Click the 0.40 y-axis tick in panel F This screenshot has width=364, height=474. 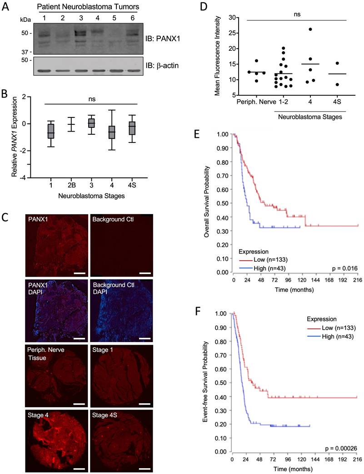tap(219, 397)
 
